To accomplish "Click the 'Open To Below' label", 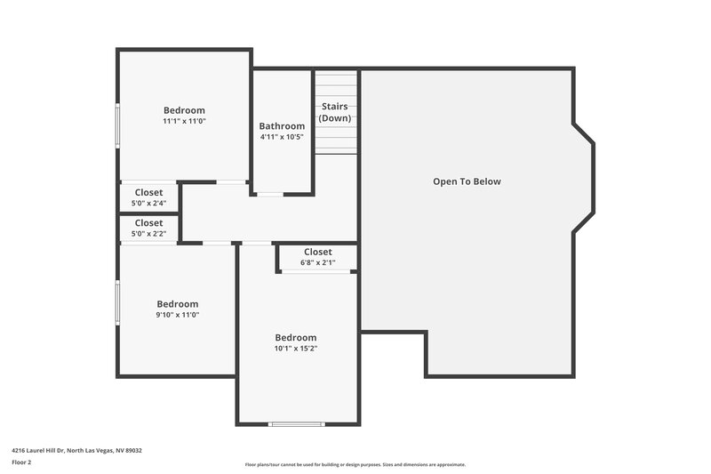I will (467, 181).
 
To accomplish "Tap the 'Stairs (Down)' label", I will (335, 112).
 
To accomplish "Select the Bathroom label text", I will (282, 126).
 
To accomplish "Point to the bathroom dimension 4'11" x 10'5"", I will (282, 137).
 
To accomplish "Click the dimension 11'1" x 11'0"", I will (184, 121).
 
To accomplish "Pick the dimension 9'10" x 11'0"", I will (178, 315).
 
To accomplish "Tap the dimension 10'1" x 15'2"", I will (296, 349).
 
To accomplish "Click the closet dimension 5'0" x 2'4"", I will (148, 203).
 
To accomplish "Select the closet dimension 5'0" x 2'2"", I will (148, 234).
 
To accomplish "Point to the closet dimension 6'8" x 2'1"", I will (317, 262).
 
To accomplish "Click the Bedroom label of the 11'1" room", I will (184, 110).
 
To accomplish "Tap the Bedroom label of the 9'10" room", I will (178, 304).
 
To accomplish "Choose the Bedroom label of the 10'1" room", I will (296, 338).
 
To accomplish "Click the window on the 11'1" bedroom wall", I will (117, 125).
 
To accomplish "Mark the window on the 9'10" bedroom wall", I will (117, 302).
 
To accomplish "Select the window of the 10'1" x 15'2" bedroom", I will (298, 424).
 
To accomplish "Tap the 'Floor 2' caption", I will (21, 462).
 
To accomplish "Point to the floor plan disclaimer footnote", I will (355, 464).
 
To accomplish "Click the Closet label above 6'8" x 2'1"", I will (317, 252).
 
